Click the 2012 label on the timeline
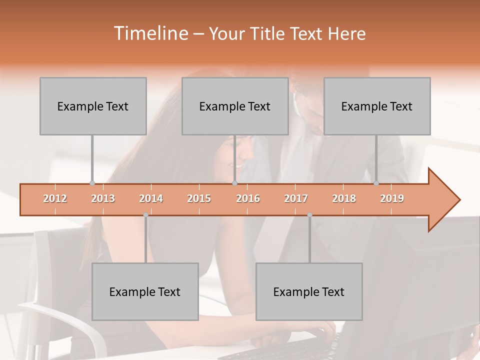[55, 198]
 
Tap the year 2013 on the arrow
[103, 198]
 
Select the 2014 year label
[151, 198]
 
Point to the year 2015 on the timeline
[199, 198]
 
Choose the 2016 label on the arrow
[248, 198]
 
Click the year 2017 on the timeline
[296, 198]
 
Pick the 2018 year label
[344, 198]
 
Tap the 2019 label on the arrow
[392, 198]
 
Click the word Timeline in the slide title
[150, 33]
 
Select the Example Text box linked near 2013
[93, 106]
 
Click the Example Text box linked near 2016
[235, 106]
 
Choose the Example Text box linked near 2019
[377, 106]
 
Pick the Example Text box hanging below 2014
[145, 291]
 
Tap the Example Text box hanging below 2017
[309, 291]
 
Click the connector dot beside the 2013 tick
[92, 183]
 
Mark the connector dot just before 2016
[234, 183]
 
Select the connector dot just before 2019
[376, 183]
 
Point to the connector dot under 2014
[145, 215]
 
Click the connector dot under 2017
[309, 215]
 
